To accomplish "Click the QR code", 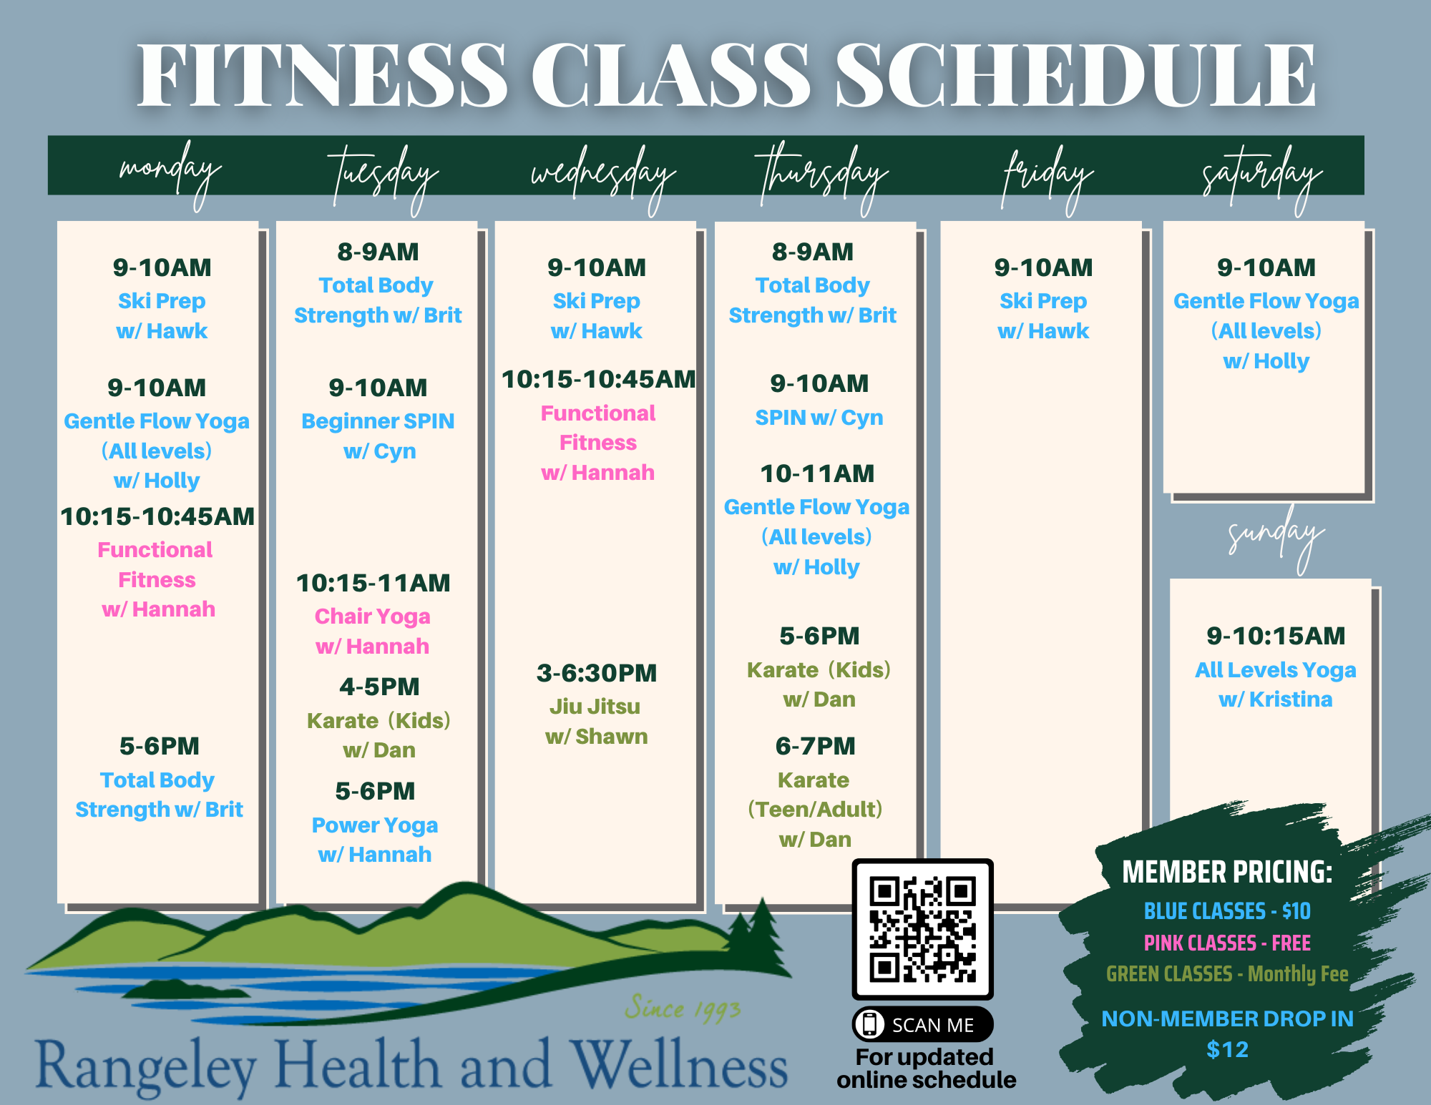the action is [x=922, y=929].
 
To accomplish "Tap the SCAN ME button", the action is [x=922, y=1024].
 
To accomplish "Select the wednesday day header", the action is [x=602, y=176].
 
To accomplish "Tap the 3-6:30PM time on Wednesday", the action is [x=597, y=673].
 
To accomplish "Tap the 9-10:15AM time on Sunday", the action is [x=1276, y=636].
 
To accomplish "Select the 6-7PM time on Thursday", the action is [x=815, y=746].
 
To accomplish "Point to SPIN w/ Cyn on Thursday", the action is [x=819, y=417].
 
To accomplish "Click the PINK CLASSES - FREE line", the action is [x=1227, y=943].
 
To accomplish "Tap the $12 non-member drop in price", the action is [x=1227, y=1049].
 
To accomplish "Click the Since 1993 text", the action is [x=683, y=1008].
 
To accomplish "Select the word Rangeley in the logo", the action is [x=146, y=1066].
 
